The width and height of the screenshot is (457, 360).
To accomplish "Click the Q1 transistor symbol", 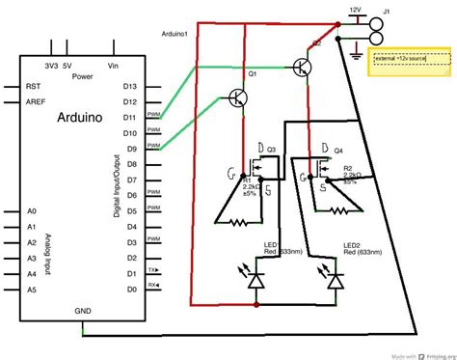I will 239,97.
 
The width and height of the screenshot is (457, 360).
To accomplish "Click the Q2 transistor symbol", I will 302,67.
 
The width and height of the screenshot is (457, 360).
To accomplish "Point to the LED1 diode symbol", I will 256,281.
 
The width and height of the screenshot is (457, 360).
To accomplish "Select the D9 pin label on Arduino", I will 129,149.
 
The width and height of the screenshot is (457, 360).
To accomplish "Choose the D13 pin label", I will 129,86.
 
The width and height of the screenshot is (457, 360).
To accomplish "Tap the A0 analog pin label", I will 31,210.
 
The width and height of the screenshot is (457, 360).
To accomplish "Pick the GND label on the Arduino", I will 84,312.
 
